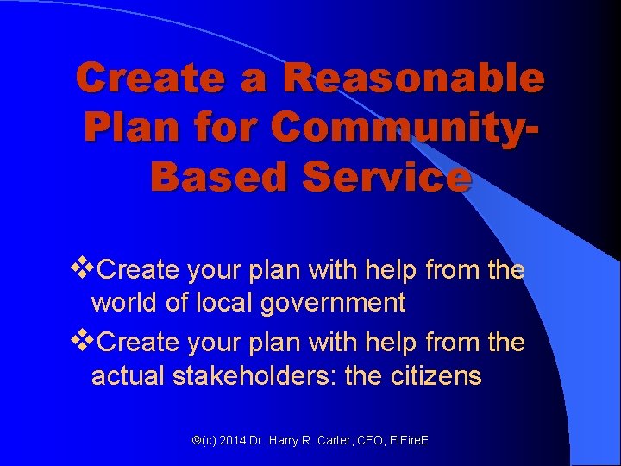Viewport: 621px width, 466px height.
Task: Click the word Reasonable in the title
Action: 414,79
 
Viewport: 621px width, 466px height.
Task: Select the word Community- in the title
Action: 405,128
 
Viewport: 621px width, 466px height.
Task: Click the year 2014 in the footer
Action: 233,440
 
